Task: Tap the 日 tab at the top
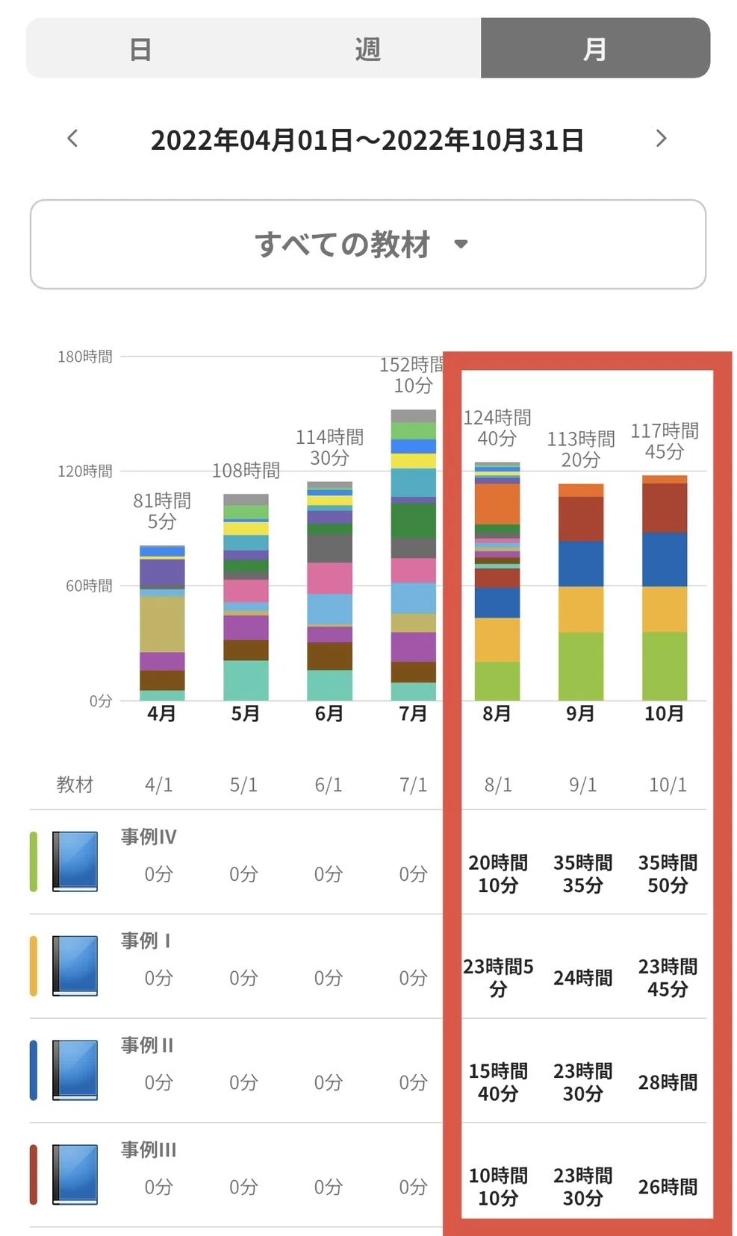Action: (140, 49)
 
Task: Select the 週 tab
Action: (368, 49)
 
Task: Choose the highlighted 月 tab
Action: (595, 49)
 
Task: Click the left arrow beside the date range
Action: (72, 138)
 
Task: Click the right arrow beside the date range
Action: (661, 138)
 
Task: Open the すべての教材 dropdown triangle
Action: (461, 243)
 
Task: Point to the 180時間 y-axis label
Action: (85, 357)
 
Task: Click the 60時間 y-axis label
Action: (89, 586)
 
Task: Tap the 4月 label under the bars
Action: (161, 713)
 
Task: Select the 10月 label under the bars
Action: (664, 713)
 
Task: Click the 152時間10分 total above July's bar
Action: (412, 374)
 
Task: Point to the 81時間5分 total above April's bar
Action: (162, 510)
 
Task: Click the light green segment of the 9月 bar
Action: (581, 666)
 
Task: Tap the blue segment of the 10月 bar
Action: (665, 559)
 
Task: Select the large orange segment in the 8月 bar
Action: (497, 504)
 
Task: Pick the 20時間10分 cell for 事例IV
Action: (498, 873)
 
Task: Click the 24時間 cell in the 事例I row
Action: (583, 977)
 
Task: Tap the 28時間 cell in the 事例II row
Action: (668, 1082)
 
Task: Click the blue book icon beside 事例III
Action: (75, 1173)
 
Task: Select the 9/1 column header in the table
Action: (583, 784)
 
